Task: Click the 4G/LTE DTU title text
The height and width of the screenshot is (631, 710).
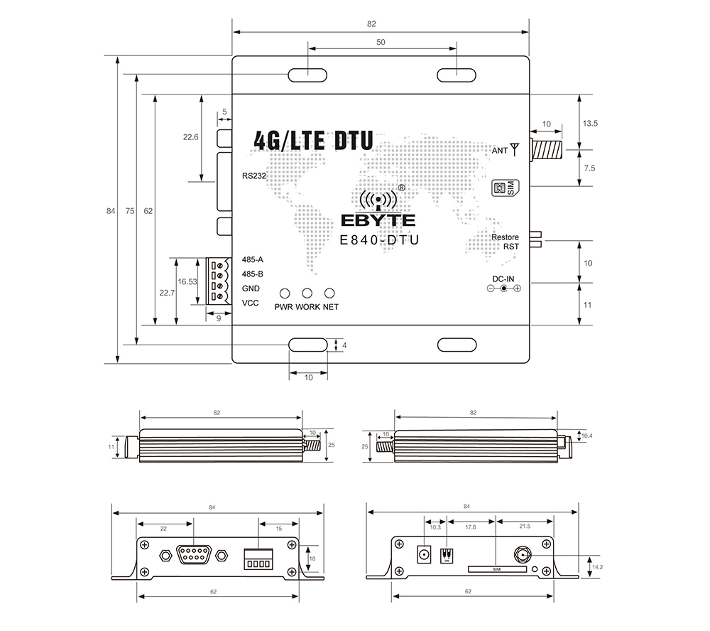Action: pos(312,140)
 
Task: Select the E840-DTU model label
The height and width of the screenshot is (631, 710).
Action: pos(379,240)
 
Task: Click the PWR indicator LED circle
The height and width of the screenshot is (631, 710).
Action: pos(285,293)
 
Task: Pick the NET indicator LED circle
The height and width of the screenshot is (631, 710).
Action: pos(329,293)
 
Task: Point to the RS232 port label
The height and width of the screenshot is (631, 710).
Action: pos(253,176)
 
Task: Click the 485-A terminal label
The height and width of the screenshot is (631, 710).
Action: pos(252,259)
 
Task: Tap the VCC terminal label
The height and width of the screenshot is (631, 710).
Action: pos(250,303)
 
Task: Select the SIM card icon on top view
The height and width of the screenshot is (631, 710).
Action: pos(503,188)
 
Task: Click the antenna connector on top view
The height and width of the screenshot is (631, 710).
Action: pos(547,150)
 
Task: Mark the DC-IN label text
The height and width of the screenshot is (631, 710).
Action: pos(503,278)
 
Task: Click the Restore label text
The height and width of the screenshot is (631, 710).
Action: pos(506,237)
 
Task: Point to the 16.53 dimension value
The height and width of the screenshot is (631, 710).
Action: pos(187,281)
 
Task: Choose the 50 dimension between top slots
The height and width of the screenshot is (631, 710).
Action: pos(381,42)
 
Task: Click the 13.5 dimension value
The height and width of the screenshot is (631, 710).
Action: pos(590,123)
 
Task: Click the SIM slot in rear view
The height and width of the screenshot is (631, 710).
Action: pos(497,569)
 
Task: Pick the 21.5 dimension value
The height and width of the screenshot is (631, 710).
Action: pos(524,527)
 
